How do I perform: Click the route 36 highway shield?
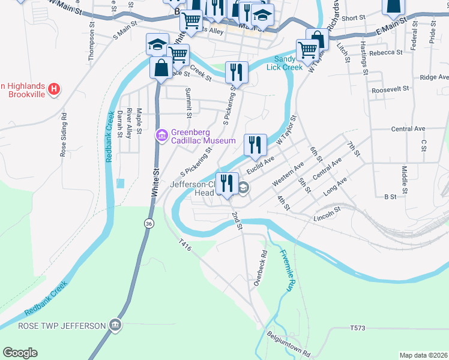tap(148, 223)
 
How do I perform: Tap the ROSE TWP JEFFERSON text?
tap(62, 326)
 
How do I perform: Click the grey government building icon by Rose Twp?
tap(115, 326)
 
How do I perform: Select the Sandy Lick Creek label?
tap(289, 63)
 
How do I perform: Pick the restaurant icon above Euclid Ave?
tap(255, 145)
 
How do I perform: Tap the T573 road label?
tap(358, 328)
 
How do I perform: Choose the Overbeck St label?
tap(259, 272)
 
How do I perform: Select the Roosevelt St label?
tap(390, 88)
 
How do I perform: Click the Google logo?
tap(20, 353)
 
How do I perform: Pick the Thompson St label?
tap(92, 43)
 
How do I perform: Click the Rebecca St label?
tap(386, 53)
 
